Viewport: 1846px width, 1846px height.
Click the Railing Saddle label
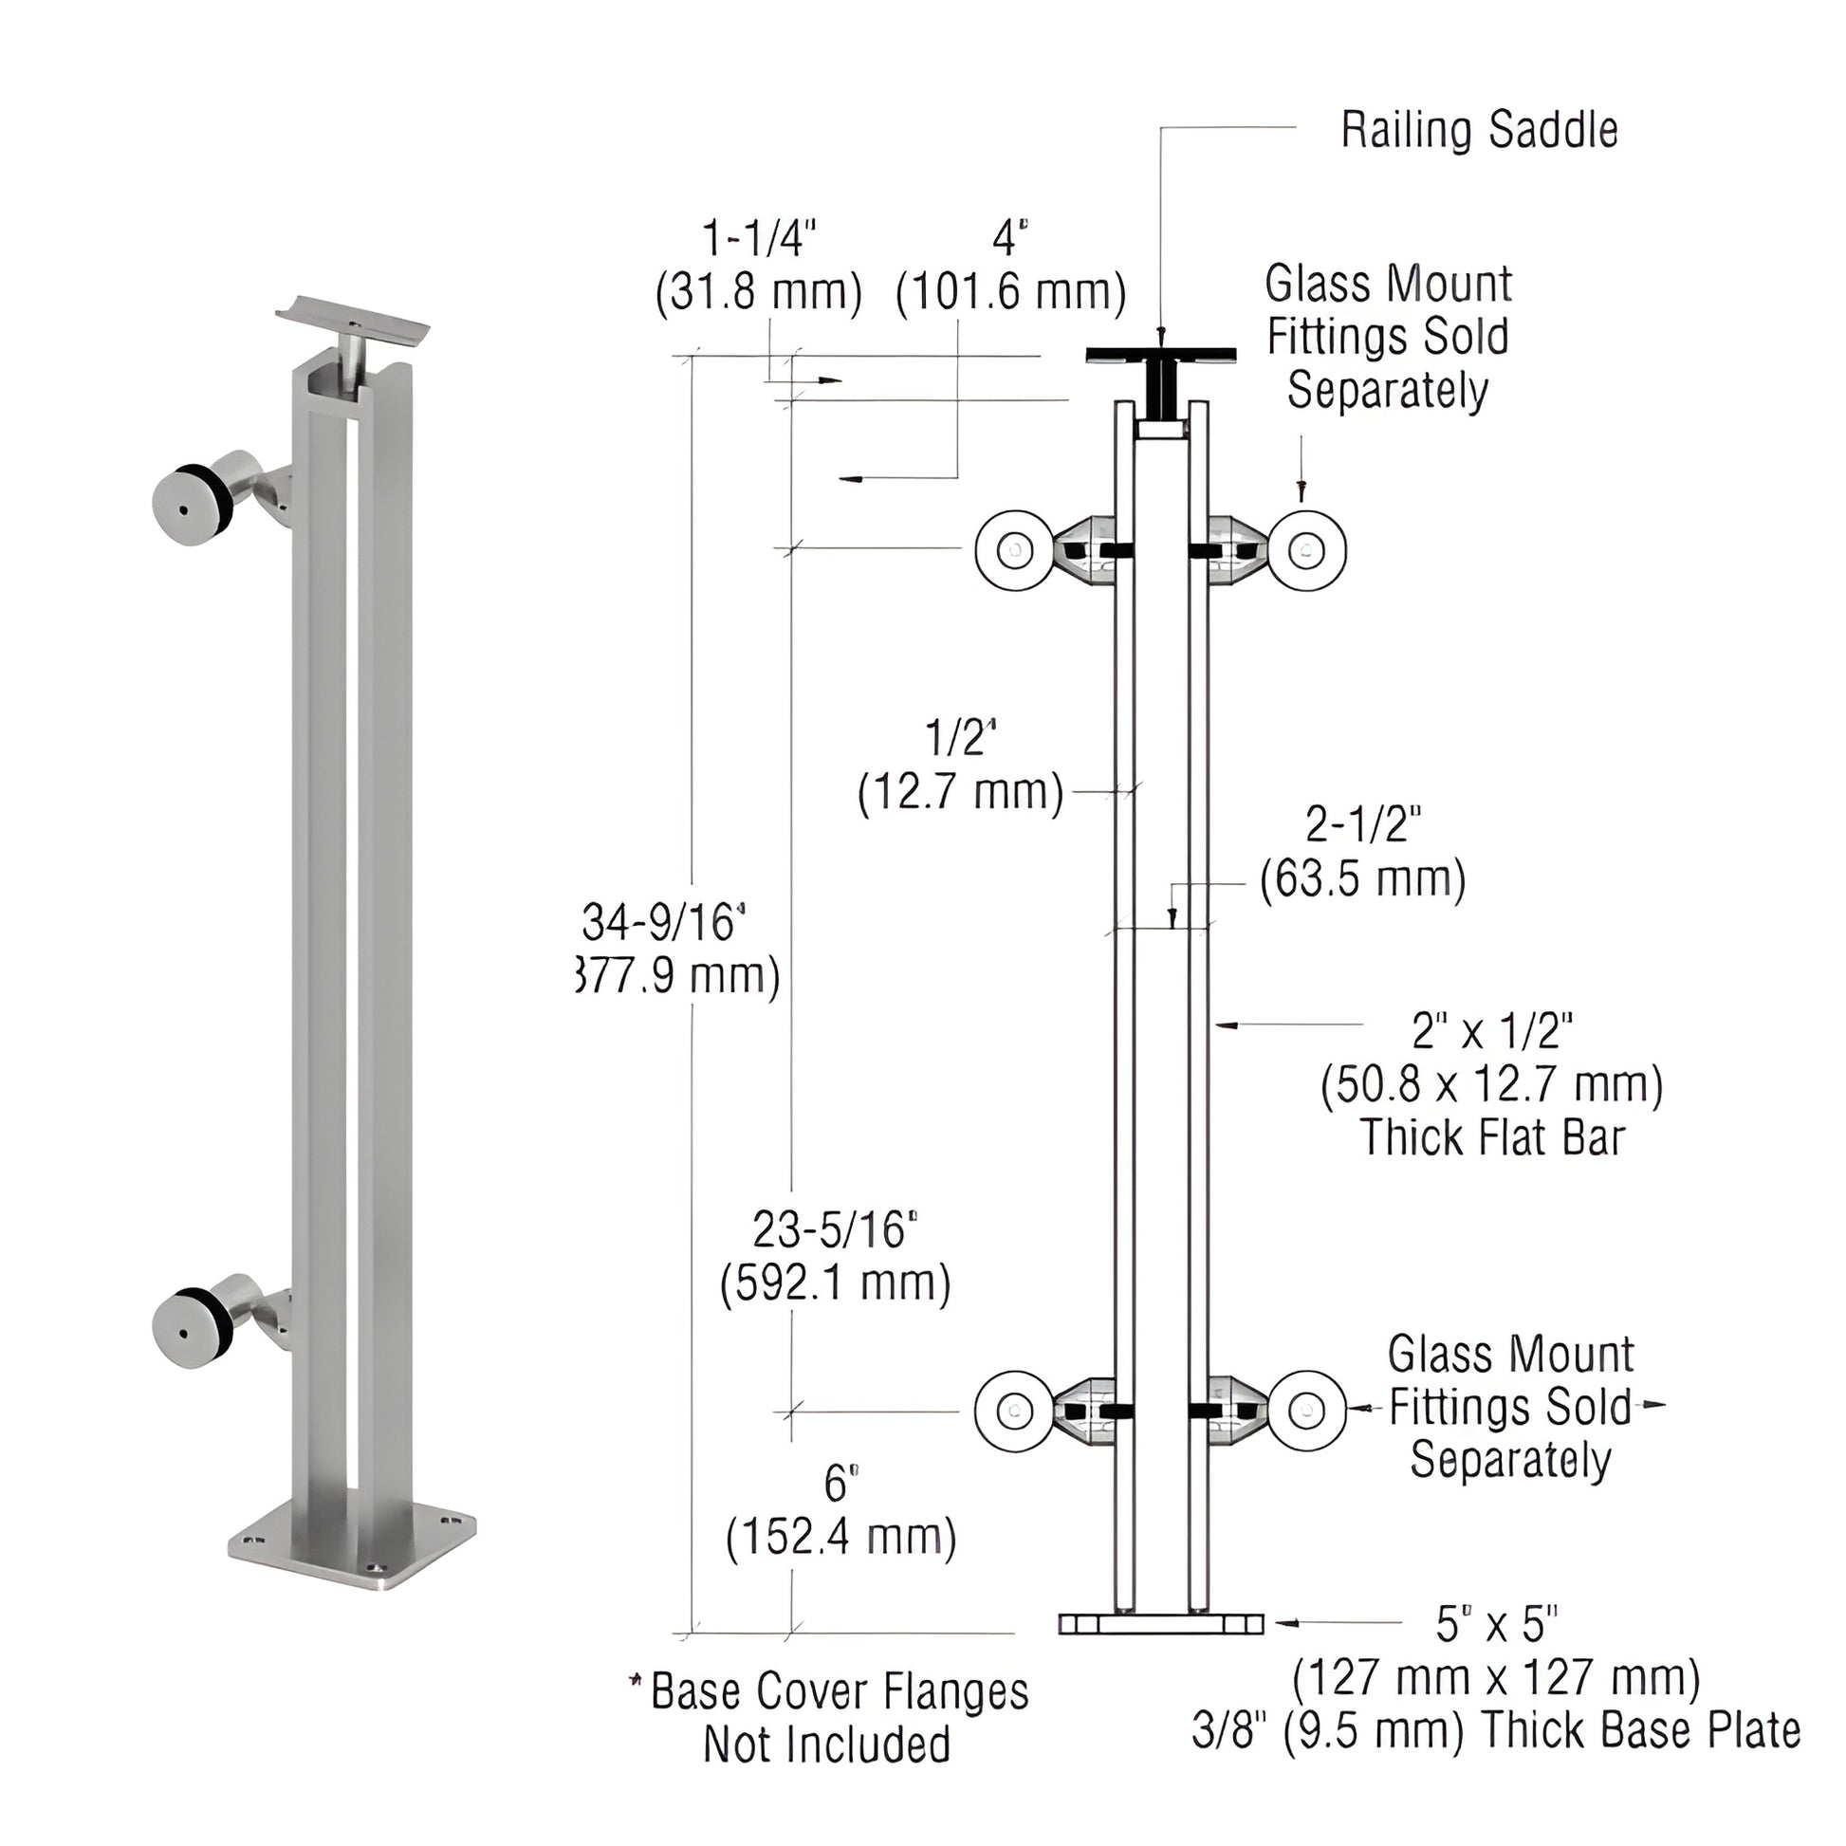coord(1479,131)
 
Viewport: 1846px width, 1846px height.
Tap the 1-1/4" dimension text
coord(760,239)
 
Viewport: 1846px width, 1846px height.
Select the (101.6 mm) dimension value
coord(1011,292)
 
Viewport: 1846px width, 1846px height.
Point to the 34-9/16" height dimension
coord(663,923)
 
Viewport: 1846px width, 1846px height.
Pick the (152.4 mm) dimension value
coord(840,1538)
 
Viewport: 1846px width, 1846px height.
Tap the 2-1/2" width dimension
coord(1362,824)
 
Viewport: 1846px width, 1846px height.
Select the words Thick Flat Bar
coord(1491,1138)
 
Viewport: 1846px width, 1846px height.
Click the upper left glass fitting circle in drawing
coord(1013,550)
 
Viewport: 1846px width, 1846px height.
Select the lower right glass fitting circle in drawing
coord(1307,1411)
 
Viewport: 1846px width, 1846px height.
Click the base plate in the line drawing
coord(1161,1624)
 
